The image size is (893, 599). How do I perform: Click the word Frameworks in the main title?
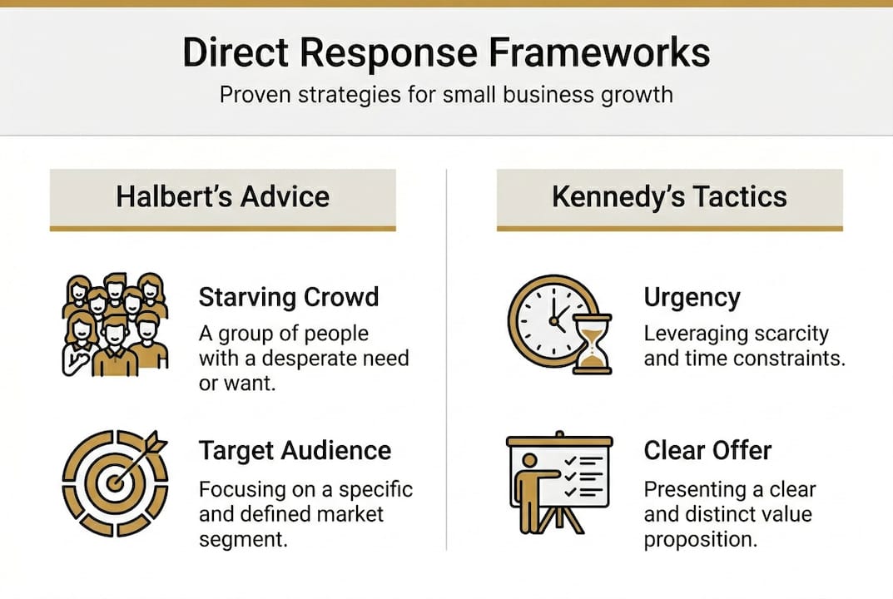[x=599, y=52]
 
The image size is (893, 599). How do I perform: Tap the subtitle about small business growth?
[x=446, y=95]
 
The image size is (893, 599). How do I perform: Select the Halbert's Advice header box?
[x=223, y=200]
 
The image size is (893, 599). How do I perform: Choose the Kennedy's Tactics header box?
[x=670, y=200]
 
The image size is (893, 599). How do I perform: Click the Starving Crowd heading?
[x=289, y=297]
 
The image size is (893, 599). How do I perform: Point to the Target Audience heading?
[x=295, y=450]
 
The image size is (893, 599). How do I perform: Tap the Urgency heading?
[x=692, y=298]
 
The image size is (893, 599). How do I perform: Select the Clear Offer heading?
[x=707, y=450]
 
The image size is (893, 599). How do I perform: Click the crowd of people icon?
[x=115, y=324]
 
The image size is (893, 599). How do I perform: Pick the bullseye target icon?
[x=115, y=483]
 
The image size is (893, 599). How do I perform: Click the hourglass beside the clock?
[x=593, y=344]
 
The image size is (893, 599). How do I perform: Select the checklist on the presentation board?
[x=583, y=476]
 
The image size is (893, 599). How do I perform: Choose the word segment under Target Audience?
[x=243, y=539]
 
